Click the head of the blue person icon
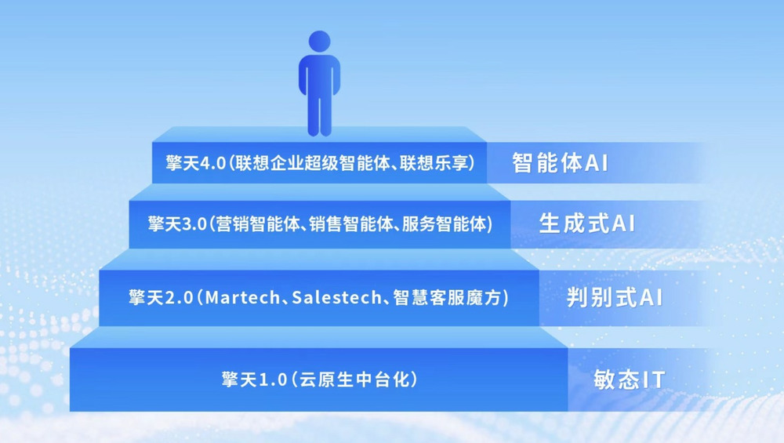point(320,41)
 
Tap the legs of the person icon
point(320,114)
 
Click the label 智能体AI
point(560,163)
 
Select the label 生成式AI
point(587,223)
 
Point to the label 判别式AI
point(615,297)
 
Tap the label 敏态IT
point(629,380)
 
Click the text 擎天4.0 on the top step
point(195,163)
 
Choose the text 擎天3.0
point(177,223)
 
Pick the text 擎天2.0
point(161,297)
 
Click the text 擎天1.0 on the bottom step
point(255,379)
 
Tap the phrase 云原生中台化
point(354,379)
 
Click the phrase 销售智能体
point(350,223)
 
